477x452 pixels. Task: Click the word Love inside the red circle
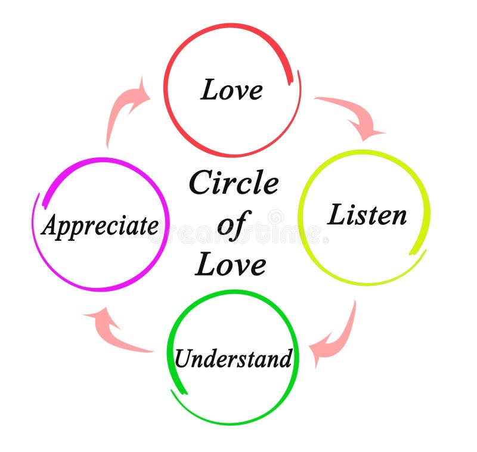pos(232,89)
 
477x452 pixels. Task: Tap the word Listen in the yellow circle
pos(367,215)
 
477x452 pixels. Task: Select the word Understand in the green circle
pos(233,358)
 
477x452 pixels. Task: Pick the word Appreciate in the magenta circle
pos(100,226)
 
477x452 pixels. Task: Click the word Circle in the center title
pos(233,182)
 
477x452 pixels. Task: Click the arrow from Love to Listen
pos(352,113)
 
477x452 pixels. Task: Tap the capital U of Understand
pos(182,358)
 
